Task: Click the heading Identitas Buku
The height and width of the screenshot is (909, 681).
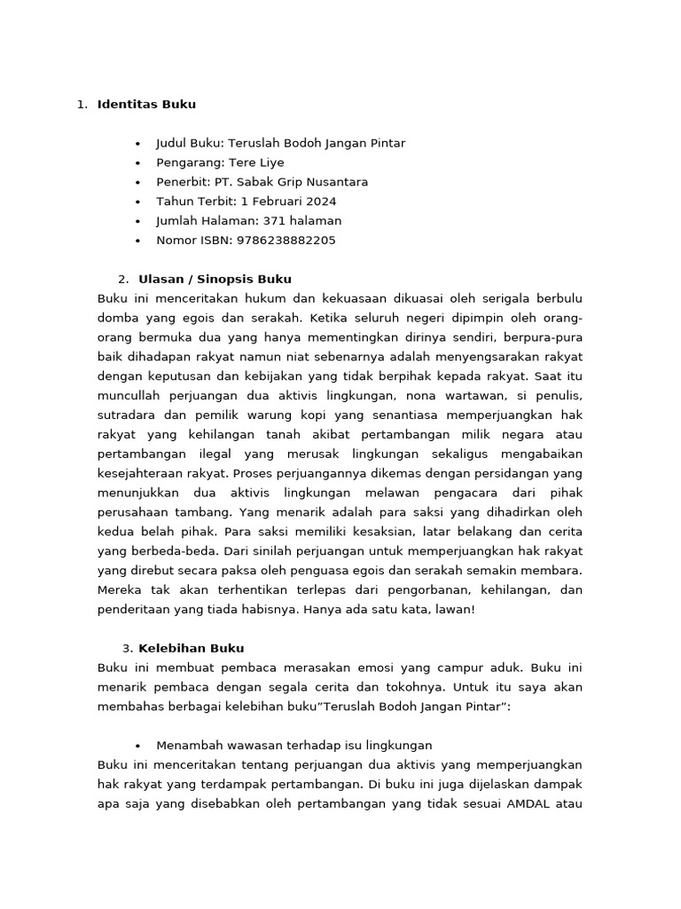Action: pos(146,105)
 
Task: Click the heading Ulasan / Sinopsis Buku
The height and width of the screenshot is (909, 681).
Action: pos(215,280)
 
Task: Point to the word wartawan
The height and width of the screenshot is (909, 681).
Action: pos(472,396)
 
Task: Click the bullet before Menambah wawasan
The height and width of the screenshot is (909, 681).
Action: pos(138,746)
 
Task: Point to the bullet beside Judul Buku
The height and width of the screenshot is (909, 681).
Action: pos(138,144)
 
